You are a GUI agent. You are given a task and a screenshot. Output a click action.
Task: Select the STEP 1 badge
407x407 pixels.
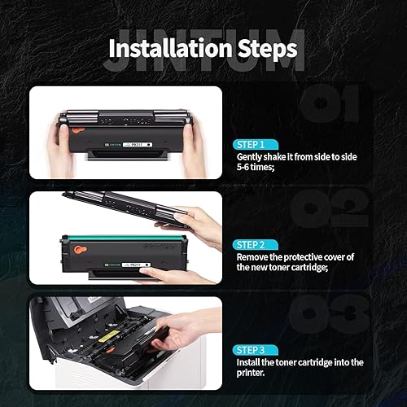coord(256,142)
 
